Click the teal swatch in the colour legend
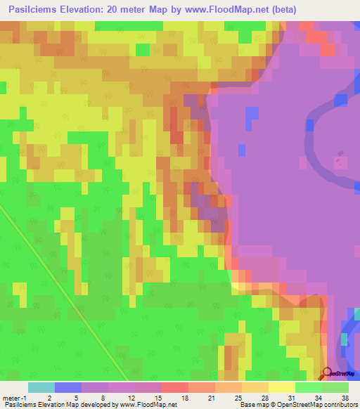tap(41, 387)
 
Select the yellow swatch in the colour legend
tap(281, 387)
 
